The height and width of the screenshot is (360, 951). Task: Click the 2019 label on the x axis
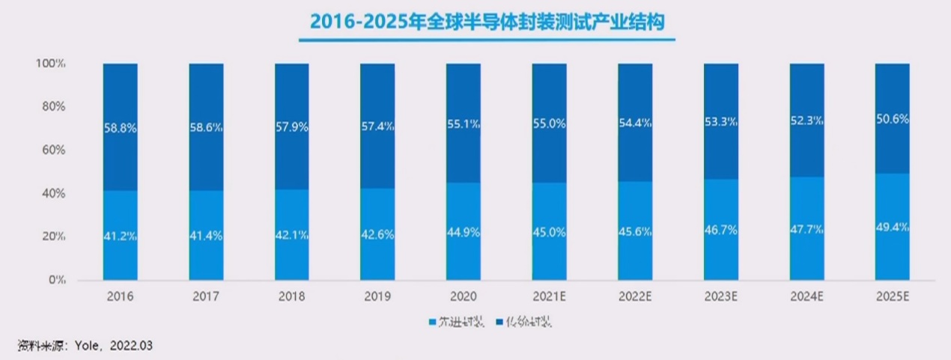(x=377, y=297)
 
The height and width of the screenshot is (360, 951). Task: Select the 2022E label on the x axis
(x=635, y=297)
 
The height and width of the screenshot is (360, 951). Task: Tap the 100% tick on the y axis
(x=51, y=64)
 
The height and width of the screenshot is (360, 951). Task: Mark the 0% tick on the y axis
(x=57, y=280)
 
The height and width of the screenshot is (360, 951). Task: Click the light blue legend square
(x=432, y=323)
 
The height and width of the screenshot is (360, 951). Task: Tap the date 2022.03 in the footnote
(x=131, y=345)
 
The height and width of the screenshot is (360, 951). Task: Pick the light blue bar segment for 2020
(x=463, y=247)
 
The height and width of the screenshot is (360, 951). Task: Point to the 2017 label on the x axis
(x=206, y=297)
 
